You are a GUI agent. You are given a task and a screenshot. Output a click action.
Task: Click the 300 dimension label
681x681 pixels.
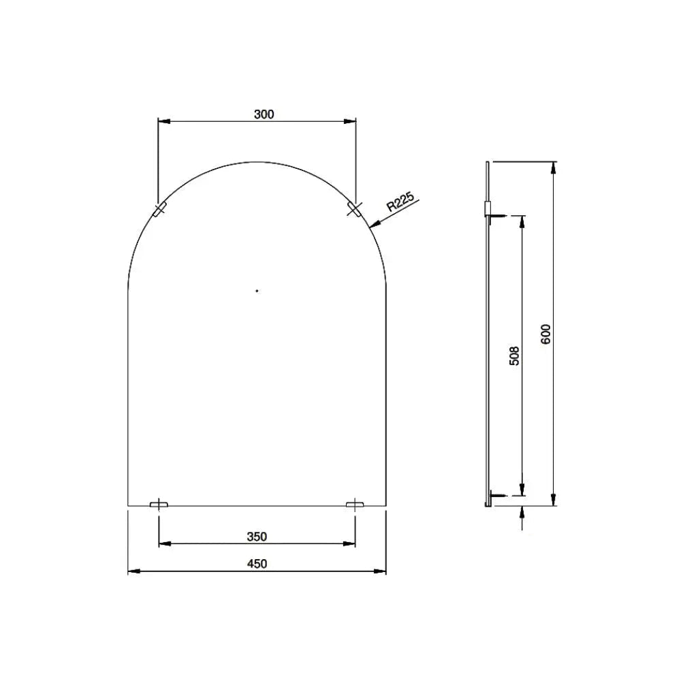[264, 114]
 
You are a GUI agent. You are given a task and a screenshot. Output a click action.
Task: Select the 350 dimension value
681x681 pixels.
[257, 537]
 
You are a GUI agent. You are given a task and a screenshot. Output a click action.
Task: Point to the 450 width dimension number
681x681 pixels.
[257, 564]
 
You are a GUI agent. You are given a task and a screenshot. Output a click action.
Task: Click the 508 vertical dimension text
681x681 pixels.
[514, 355]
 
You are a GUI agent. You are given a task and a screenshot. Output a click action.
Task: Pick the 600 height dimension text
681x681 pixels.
[546, 334]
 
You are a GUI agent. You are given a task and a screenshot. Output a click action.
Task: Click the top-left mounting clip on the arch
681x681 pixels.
[159, 209]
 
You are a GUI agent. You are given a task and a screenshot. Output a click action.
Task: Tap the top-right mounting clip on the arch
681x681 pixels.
[354, 209]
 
